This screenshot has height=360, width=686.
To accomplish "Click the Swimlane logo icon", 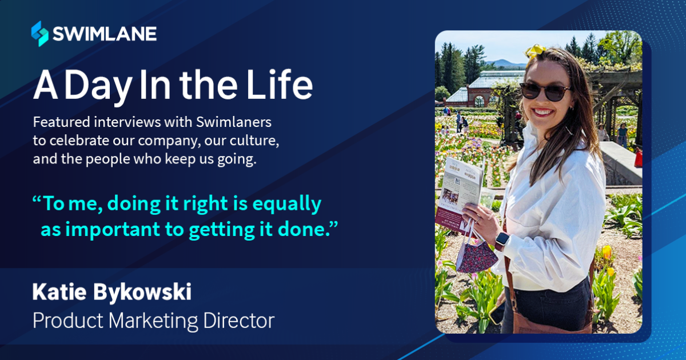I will (x=39, y=33).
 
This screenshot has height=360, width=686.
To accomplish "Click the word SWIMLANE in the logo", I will (x=104, y=34).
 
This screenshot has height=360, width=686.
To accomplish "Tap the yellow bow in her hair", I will (x=536, y=51).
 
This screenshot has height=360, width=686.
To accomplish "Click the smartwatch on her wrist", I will (x=501, y=240).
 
